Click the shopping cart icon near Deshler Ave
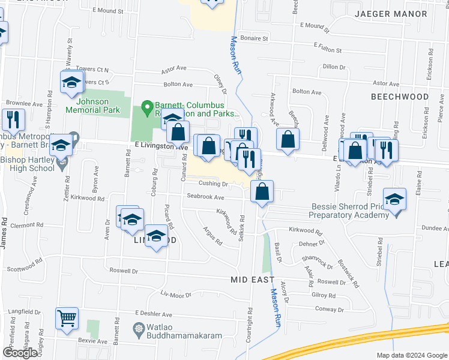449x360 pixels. tap(67, 319)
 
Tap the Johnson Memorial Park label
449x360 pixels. tap(98, 106)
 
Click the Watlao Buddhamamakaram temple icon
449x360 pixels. tap(139, 329)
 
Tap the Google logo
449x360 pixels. tap(20, 353)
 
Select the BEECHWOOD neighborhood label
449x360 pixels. tap(399, 97)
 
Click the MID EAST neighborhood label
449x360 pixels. tap(253, 280)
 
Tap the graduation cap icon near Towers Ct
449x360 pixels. tap(71, 82)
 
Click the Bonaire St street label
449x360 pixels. tap(254, 38)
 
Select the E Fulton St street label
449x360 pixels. tap(331, 45)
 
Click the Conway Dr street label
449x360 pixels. tap(329, 310)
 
